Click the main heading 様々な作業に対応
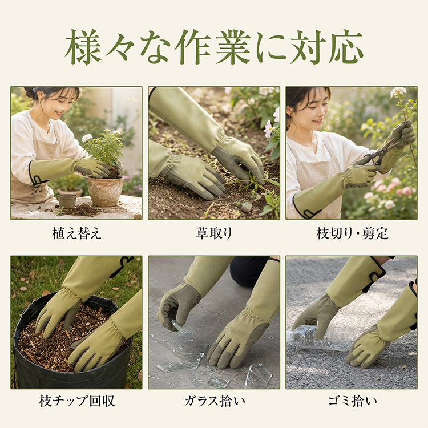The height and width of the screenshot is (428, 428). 214,47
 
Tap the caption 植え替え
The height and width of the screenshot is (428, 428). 76,233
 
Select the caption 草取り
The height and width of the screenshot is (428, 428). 214,233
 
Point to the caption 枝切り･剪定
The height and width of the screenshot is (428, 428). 352,233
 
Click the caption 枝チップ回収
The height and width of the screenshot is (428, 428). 76,401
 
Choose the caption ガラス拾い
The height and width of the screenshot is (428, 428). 215,401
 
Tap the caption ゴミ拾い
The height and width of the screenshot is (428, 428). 353,401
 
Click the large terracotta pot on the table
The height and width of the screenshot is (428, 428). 105,191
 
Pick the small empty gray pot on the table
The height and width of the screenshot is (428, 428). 67,201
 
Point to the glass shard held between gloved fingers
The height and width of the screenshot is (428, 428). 183,328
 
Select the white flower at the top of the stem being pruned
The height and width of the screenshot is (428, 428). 398,92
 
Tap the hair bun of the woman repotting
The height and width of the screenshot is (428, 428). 30,92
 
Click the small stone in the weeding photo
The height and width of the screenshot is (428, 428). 246,207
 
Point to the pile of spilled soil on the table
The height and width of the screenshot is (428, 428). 82,209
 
